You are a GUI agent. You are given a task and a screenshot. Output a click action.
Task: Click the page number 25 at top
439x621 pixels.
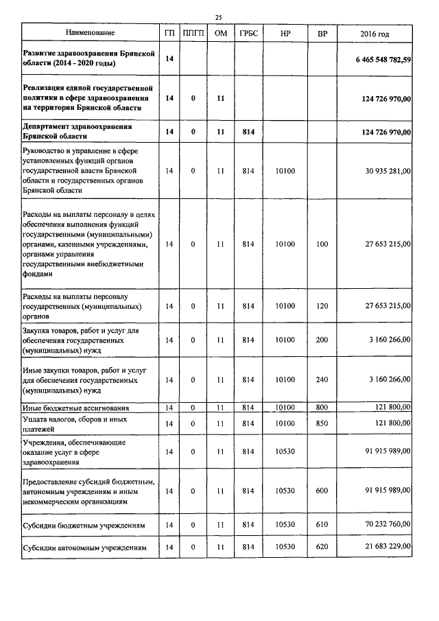tap(219, 17)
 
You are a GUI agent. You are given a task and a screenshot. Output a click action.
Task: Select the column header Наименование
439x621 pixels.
tap(90, 33)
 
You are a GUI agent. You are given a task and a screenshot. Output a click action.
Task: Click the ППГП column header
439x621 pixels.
tap(193, 33)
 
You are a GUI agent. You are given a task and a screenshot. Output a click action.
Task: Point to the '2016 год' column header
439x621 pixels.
tap(375, 33)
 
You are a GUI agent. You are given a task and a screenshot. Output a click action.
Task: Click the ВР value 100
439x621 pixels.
tap(322, 244)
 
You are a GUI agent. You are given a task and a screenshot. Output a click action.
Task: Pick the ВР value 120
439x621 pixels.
tap(322, 305)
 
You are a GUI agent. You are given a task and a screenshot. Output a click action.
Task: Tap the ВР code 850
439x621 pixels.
tap(322, 423)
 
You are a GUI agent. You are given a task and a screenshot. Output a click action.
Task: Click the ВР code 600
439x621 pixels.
tap(322, 491)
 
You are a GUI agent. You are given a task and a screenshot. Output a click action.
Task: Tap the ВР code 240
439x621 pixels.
tap(322, 379)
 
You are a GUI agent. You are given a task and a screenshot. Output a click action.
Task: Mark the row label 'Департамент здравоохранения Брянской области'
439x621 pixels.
tap(77, 131)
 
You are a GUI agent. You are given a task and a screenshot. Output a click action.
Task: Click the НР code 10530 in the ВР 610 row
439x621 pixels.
tap(284, 526)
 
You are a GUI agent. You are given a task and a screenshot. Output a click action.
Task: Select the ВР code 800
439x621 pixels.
tap(322, 408)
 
